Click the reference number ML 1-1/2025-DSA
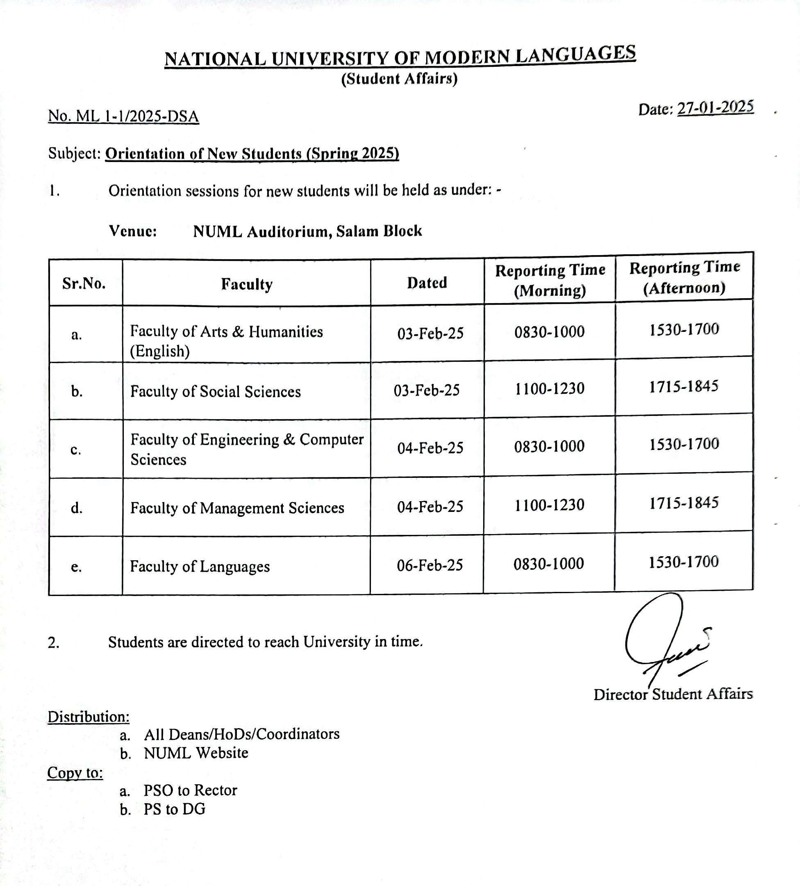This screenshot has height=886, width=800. pos(123,116)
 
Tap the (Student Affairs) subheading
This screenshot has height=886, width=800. pos(399,79)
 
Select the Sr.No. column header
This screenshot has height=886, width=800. pos(84,283)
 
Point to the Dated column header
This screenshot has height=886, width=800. pos(427,283)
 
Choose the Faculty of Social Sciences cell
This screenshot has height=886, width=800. pos(215,392)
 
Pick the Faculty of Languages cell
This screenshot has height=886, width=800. pos(200,566)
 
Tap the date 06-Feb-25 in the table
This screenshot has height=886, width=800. pos(430,565)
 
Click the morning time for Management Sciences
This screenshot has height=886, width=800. pos(549,505)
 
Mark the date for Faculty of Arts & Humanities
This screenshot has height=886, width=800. pos(430,333)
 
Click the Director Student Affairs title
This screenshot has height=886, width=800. pos(673,694)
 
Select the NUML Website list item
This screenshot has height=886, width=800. pos(196,753)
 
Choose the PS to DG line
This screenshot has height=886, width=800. pos(174,809)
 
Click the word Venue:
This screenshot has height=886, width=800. pos(133,231)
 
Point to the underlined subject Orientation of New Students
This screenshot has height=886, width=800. pos(252,154)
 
